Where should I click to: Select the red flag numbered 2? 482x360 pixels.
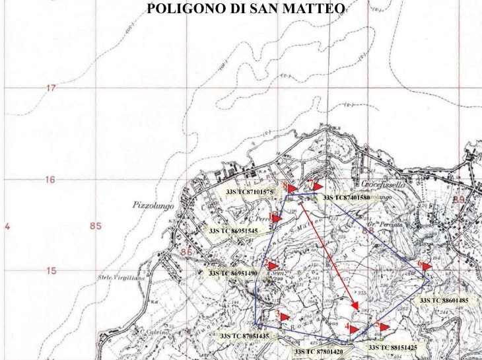(x=271, y=264)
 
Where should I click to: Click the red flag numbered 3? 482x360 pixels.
(x=283, y=318)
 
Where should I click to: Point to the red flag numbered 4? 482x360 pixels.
(x=353, y=328)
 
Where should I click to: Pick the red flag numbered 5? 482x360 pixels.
(x=382, y=326)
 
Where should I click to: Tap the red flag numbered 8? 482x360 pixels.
(x=291, y=188)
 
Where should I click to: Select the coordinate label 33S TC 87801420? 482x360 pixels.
(x=320, y=352)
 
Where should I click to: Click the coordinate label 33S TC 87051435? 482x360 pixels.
(x=244, y=336)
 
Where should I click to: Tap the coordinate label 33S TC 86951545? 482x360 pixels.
(x=233, y=231)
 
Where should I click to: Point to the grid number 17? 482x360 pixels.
(x=50, y=89)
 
